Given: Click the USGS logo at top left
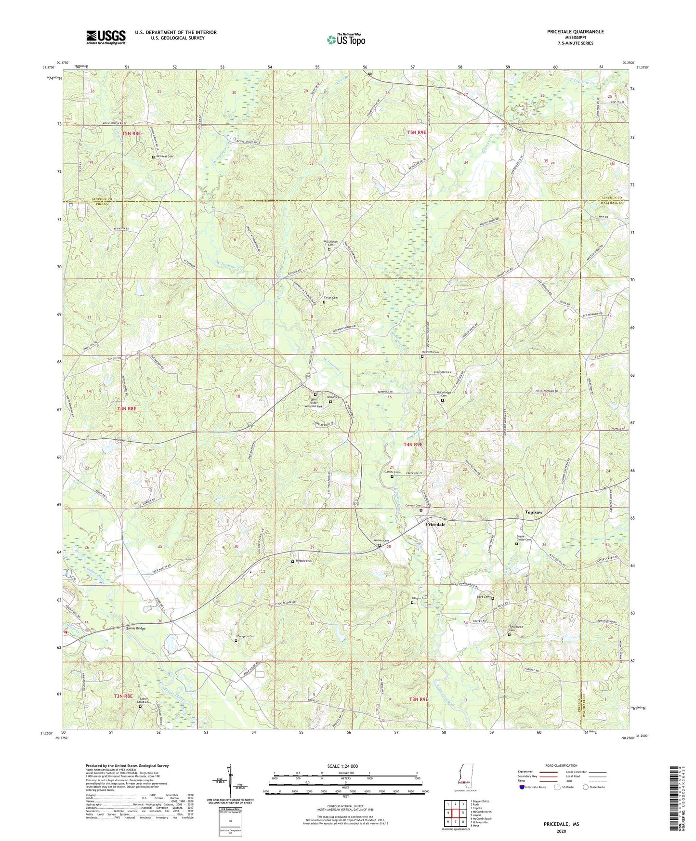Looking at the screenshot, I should pyautogui.click(x=105, y=37).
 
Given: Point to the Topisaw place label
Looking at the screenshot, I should pyautogui.click(x=533, y=512).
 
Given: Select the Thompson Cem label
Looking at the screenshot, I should pyautogui.click(x=245, y=637).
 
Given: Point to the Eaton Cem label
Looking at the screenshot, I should pyautogui.click(x=330, y=298).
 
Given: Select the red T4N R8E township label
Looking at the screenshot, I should pyautogui.click(x=127, y=408).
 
